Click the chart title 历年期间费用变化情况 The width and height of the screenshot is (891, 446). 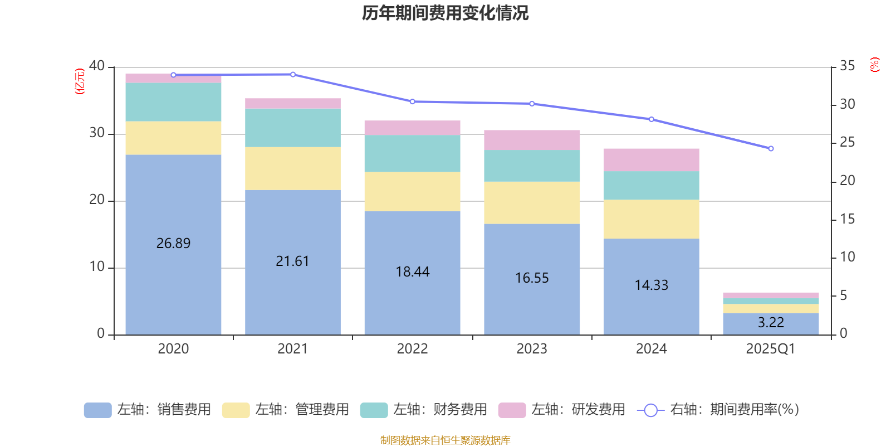click(445, 13)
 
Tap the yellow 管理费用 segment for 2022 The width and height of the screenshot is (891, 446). click(412, 191)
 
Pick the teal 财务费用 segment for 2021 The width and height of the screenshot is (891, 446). click(292, 128)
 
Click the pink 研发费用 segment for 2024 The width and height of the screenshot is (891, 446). click(651, 160)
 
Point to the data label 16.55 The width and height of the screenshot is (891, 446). click(532, 278)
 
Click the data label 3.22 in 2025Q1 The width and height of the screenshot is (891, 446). click(771, 322)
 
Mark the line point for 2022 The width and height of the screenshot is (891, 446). click(412, 101)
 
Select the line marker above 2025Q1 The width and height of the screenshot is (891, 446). click(771, 149)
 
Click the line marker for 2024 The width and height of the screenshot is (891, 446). click(652, 119)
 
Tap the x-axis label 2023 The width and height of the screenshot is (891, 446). click(532, 349)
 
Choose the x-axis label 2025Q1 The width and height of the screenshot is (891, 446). click(770, 349)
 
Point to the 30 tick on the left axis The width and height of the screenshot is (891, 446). click(97, 133)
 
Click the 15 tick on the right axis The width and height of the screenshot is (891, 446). click(847, 219)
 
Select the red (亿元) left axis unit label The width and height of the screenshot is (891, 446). click(80, 81)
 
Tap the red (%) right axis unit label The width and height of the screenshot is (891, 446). click(874, 65)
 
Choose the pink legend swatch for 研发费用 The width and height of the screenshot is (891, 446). click(512, 410)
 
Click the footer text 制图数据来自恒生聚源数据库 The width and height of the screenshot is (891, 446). click(445, 440)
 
